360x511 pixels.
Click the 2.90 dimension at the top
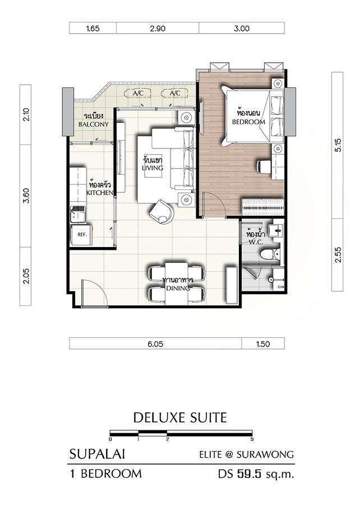coord(158,29)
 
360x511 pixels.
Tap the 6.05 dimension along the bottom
coord(155,344)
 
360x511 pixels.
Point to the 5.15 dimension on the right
coord(338,145)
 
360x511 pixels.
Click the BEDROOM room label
coord(248,122)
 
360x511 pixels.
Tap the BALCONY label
coord(93,124)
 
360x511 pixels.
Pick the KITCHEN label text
coord(100,193)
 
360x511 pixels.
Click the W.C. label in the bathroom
coord(256,243)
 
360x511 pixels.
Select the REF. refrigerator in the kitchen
coord(81,235)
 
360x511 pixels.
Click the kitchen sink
coord(78,214)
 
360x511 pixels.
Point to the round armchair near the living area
coord(161,211)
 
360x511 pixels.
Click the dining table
coord(177,283)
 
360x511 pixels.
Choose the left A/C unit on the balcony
coord(138,94)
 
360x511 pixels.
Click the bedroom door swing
coord(214,205)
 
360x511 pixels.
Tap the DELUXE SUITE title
coord(180,417)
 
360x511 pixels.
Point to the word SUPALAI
coord(97,454)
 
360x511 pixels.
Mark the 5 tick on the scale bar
coord(252,439)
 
